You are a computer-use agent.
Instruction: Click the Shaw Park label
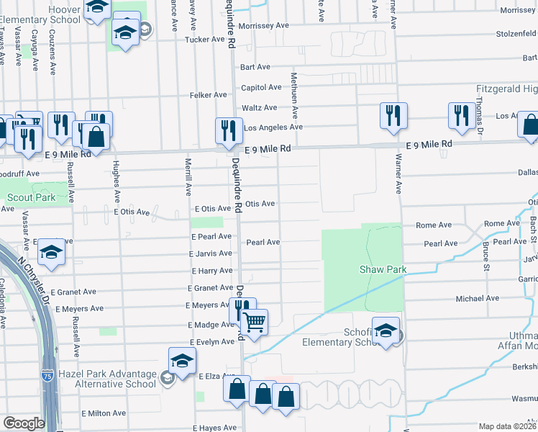[x=383, y=270]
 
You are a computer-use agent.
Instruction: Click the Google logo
[x=24, y=423]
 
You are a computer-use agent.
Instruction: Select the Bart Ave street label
[x=255, y=67]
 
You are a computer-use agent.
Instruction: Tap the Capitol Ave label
[x=261, y=87]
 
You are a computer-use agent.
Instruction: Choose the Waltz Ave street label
[x=260, y=108]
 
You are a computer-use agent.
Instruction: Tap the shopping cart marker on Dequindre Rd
[x=254, y=321]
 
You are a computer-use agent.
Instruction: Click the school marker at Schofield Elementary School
[x=386, y=331]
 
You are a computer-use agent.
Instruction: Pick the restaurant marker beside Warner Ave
[x=393, y=115]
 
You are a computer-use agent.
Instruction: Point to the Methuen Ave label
[x=293, y=94]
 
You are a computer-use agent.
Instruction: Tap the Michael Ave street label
[x=477, y=298]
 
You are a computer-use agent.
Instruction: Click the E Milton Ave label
[x=104, y=414]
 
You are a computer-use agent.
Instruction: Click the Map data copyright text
[x=507, y=426]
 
